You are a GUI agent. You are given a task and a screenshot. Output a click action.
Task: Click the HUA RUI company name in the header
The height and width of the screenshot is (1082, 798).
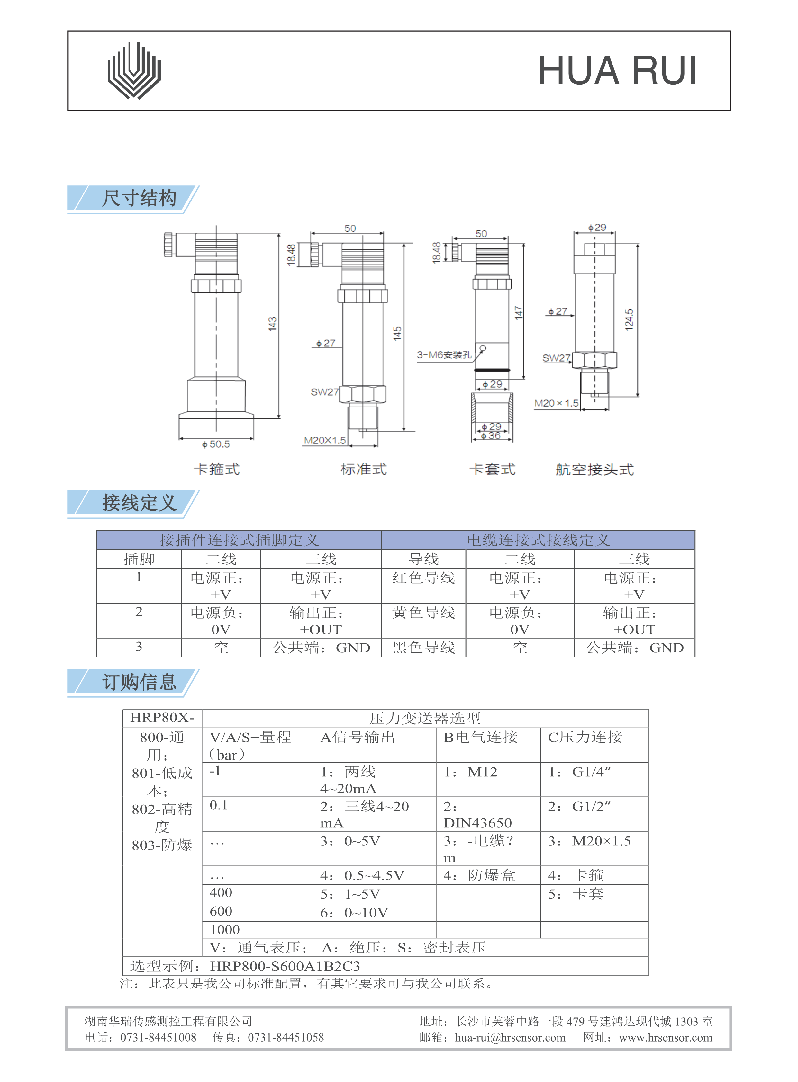tap(617, 70)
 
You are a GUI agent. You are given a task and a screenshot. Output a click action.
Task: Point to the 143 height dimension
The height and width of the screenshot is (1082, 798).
tap(272, 324)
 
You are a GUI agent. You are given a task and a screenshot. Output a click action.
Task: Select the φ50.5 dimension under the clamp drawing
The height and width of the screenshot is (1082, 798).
tap(216, 444)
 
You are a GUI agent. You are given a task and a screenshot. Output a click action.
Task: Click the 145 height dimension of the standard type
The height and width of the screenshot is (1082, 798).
tap(397, 333)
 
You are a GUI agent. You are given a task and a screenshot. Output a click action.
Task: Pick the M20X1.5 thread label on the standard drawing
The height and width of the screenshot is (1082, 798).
tap(325, 440)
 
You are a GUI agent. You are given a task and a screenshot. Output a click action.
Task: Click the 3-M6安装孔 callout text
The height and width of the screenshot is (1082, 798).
tap(444, 355)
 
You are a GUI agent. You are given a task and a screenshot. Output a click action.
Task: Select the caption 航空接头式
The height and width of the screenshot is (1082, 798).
tap(594, 469)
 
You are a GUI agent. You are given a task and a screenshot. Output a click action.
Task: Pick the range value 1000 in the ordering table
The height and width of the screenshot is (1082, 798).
tap(225, 929)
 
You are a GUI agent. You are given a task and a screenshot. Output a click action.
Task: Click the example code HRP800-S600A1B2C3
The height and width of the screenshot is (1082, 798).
tap(285, 966)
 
